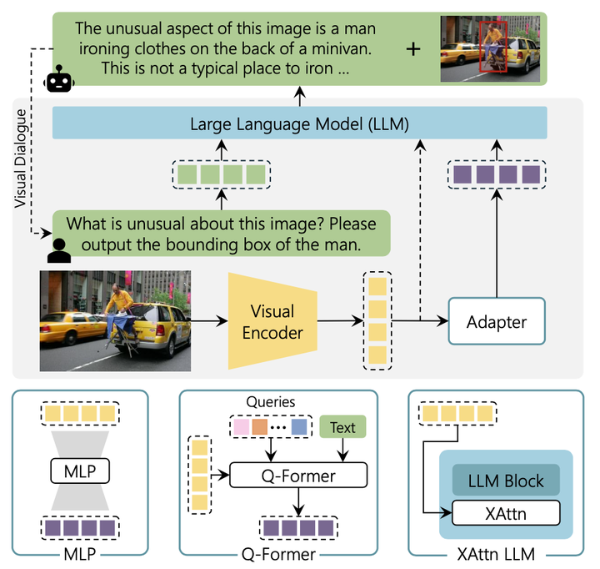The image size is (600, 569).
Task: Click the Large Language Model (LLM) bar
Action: click(300, 123)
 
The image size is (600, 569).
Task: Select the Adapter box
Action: click(497, 321)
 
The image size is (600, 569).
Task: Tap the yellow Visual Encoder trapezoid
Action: click(272, 321)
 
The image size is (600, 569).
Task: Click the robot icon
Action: click(59, 78)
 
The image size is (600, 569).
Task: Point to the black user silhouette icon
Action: click(59, 251)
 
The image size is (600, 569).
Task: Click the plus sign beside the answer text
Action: click(413, 49)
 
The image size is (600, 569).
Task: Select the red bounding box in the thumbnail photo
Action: click(493, 47)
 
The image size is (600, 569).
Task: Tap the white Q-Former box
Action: click(298, 475)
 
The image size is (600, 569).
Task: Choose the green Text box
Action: click(342, 427)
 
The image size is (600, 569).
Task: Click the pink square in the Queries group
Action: click(242, 427)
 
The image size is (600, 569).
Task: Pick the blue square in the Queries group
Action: click(299, 427)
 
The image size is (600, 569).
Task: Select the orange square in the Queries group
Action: click(260, 427)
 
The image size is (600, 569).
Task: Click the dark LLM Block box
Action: click(506, 480)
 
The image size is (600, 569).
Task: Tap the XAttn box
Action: click(506, 512)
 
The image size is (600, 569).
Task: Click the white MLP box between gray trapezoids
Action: click(80, 471)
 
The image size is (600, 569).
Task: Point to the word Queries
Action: click(271, 402)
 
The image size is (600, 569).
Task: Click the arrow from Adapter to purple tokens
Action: click(497, 244)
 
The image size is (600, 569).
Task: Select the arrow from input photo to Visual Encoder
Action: click(209, 321)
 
